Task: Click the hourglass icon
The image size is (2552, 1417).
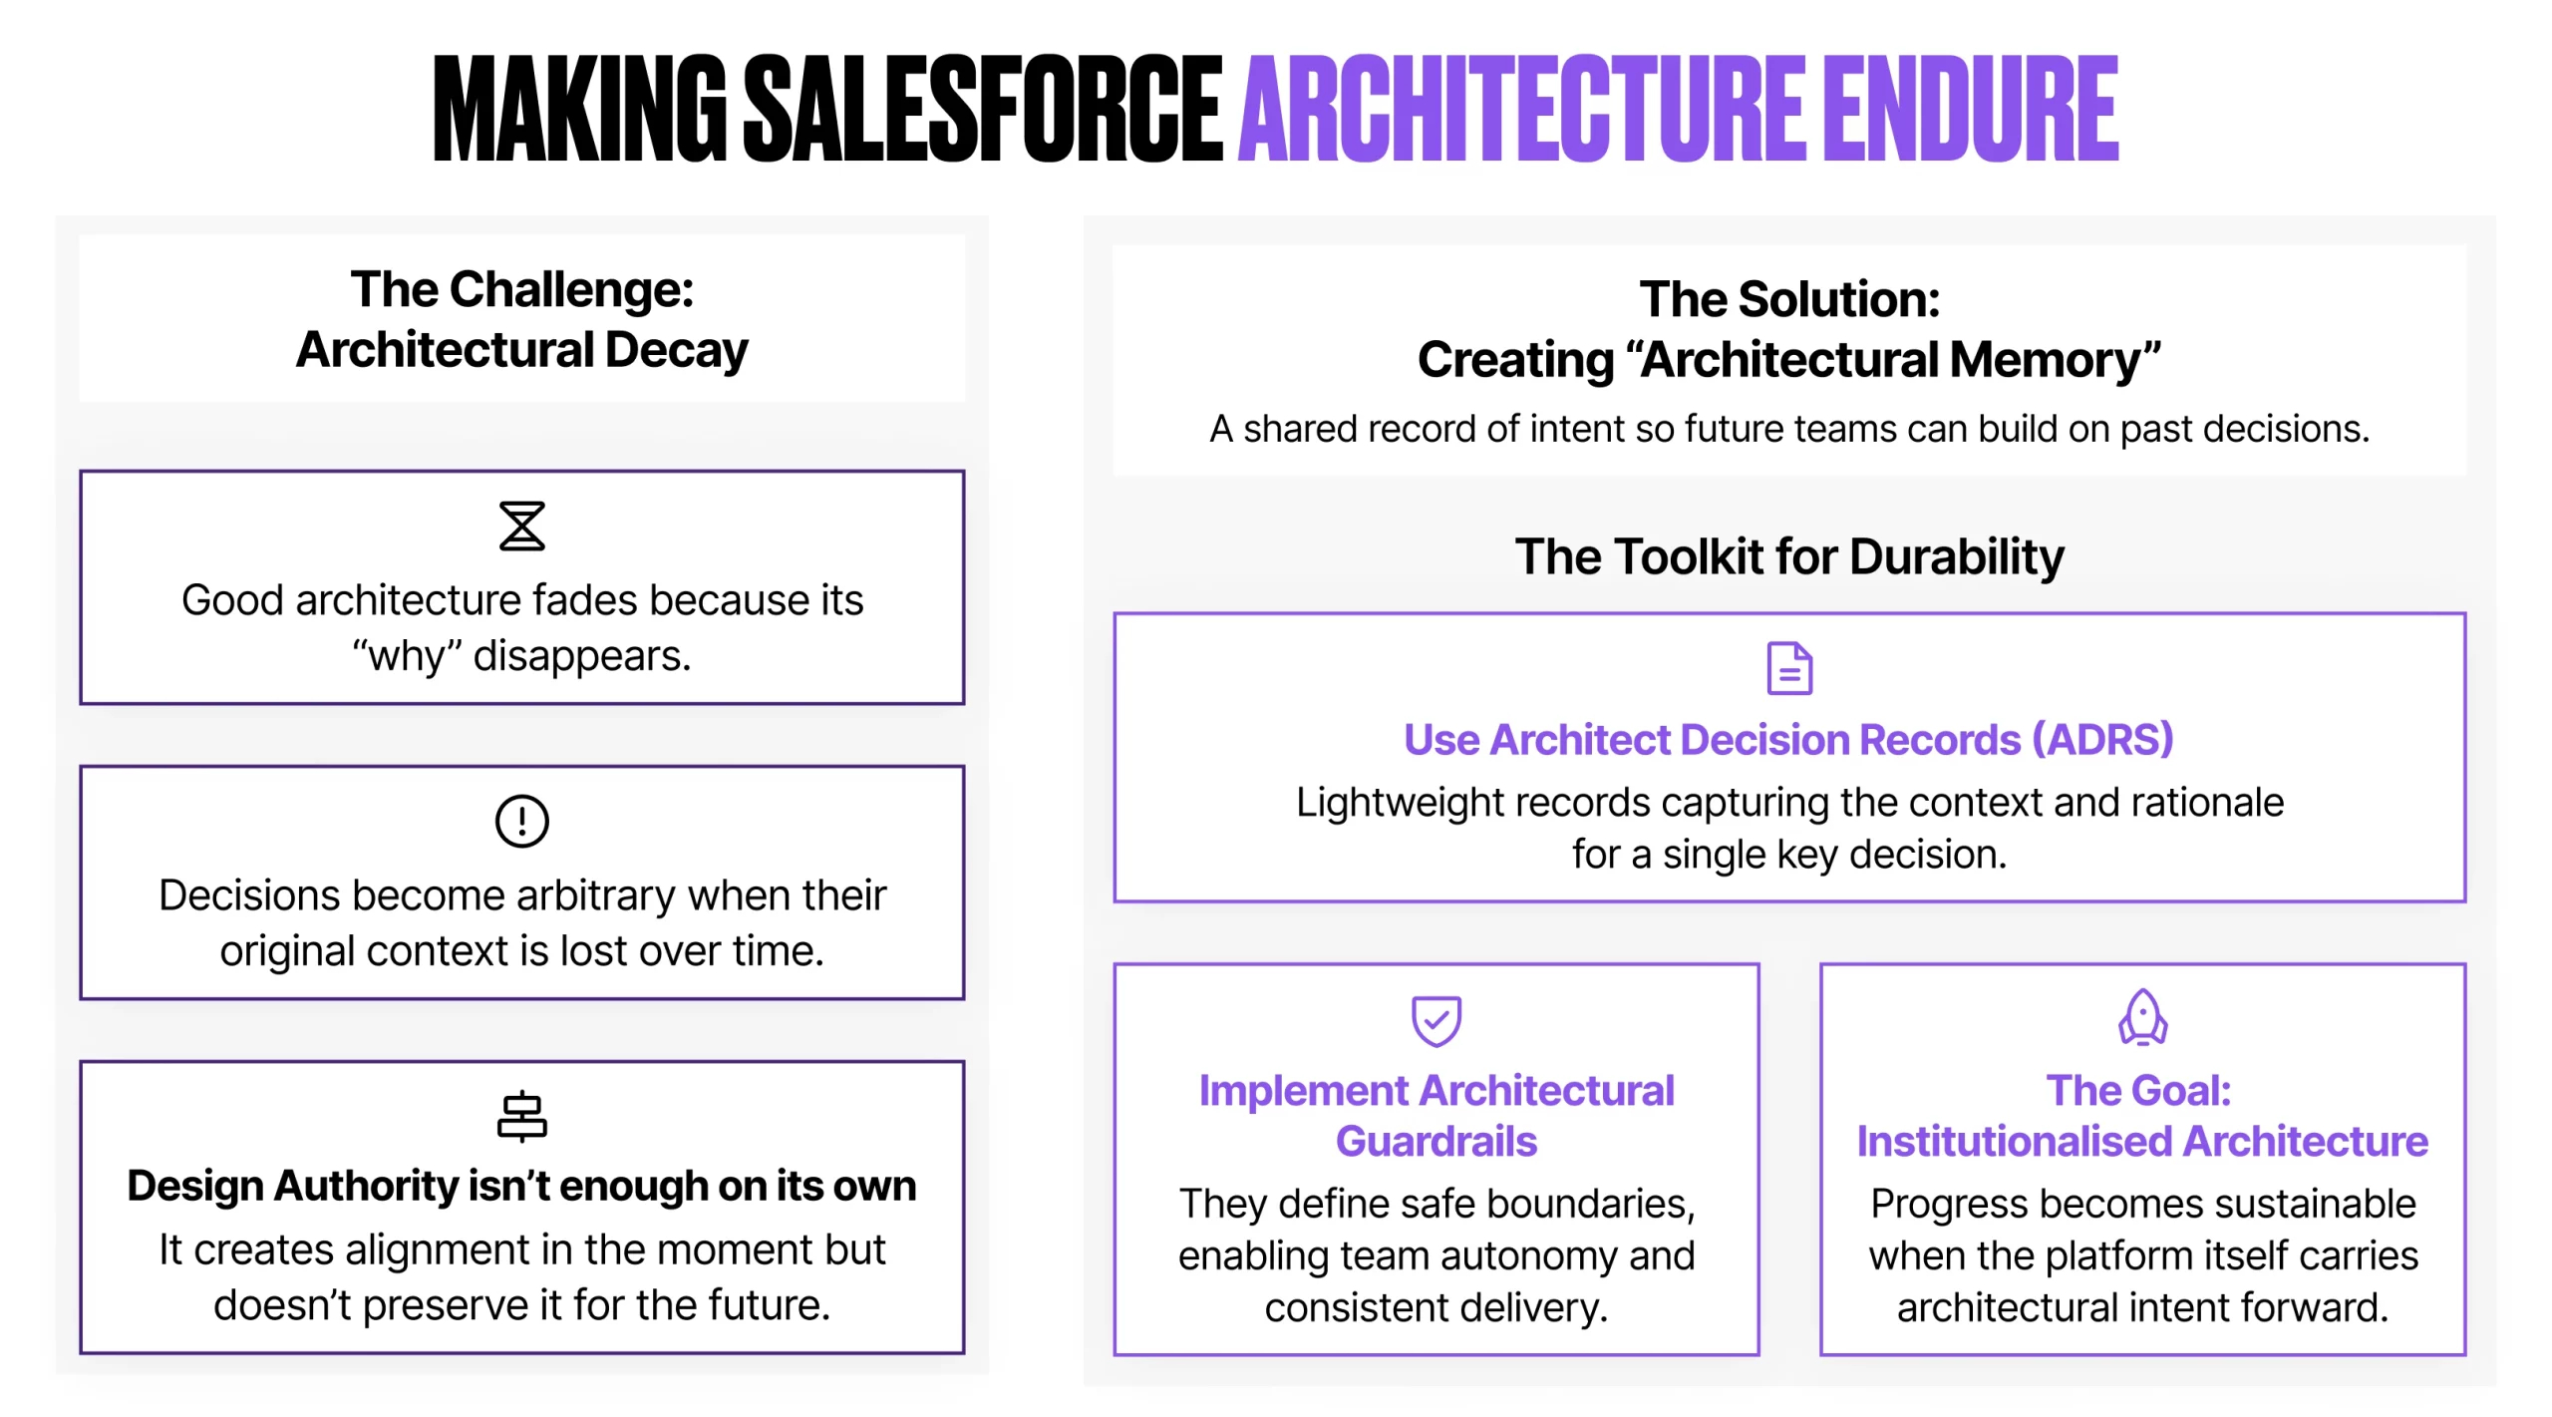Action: point(521,526)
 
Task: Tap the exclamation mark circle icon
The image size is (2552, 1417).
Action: point(521,821)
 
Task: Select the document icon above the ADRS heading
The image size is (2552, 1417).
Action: point(1789,668)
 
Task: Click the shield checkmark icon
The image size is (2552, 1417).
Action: point(1435,1020)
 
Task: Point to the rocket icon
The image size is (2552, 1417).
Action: point(2142,1017)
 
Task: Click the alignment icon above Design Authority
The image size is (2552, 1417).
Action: point(521,1116)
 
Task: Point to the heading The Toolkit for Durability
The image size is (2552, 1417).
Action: point(1789,556)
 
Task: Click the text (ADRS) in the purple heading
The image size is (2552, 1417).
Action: point(2102,740)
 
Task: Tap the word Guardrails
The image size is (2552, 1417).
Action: point(1436,1141)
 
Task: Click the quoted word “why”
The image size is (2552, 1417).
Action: point(407,656)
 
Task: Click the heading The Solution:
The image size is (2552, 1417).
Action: point(1789,299)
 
